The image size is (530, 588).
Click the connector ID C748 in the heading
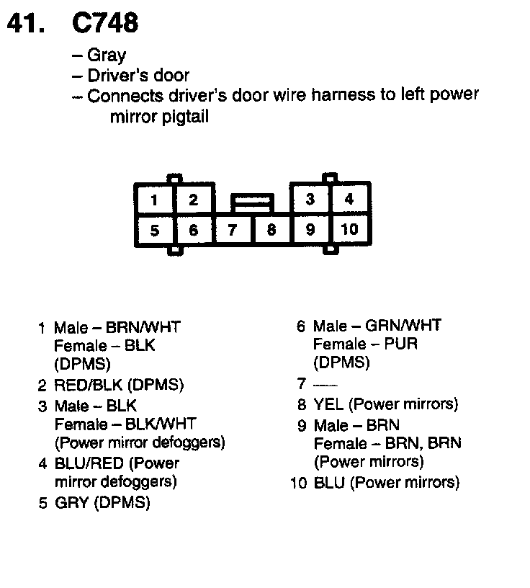105,23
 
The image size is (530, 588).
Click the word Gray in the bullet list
107,55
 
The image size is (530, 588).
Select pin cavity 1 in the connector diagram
155,200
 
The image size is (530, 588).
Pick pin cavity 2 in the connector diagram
193,200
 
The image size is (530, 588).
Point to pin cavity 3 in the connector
310,199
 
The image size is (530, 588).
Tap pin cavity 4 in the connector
349,199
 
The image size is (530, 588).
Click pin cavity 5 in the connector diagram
155,231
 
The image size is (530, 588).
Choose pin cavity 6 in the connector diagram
193,231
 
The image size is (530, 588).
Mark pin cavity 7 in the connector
232,231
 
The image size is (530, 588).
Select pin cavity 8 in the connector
271,231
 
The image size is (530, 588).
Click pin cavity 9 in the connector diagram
310,230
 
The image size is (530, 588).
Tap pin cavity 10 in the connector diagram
349,230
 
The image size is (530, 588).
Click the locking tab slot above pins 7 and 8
251,201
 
